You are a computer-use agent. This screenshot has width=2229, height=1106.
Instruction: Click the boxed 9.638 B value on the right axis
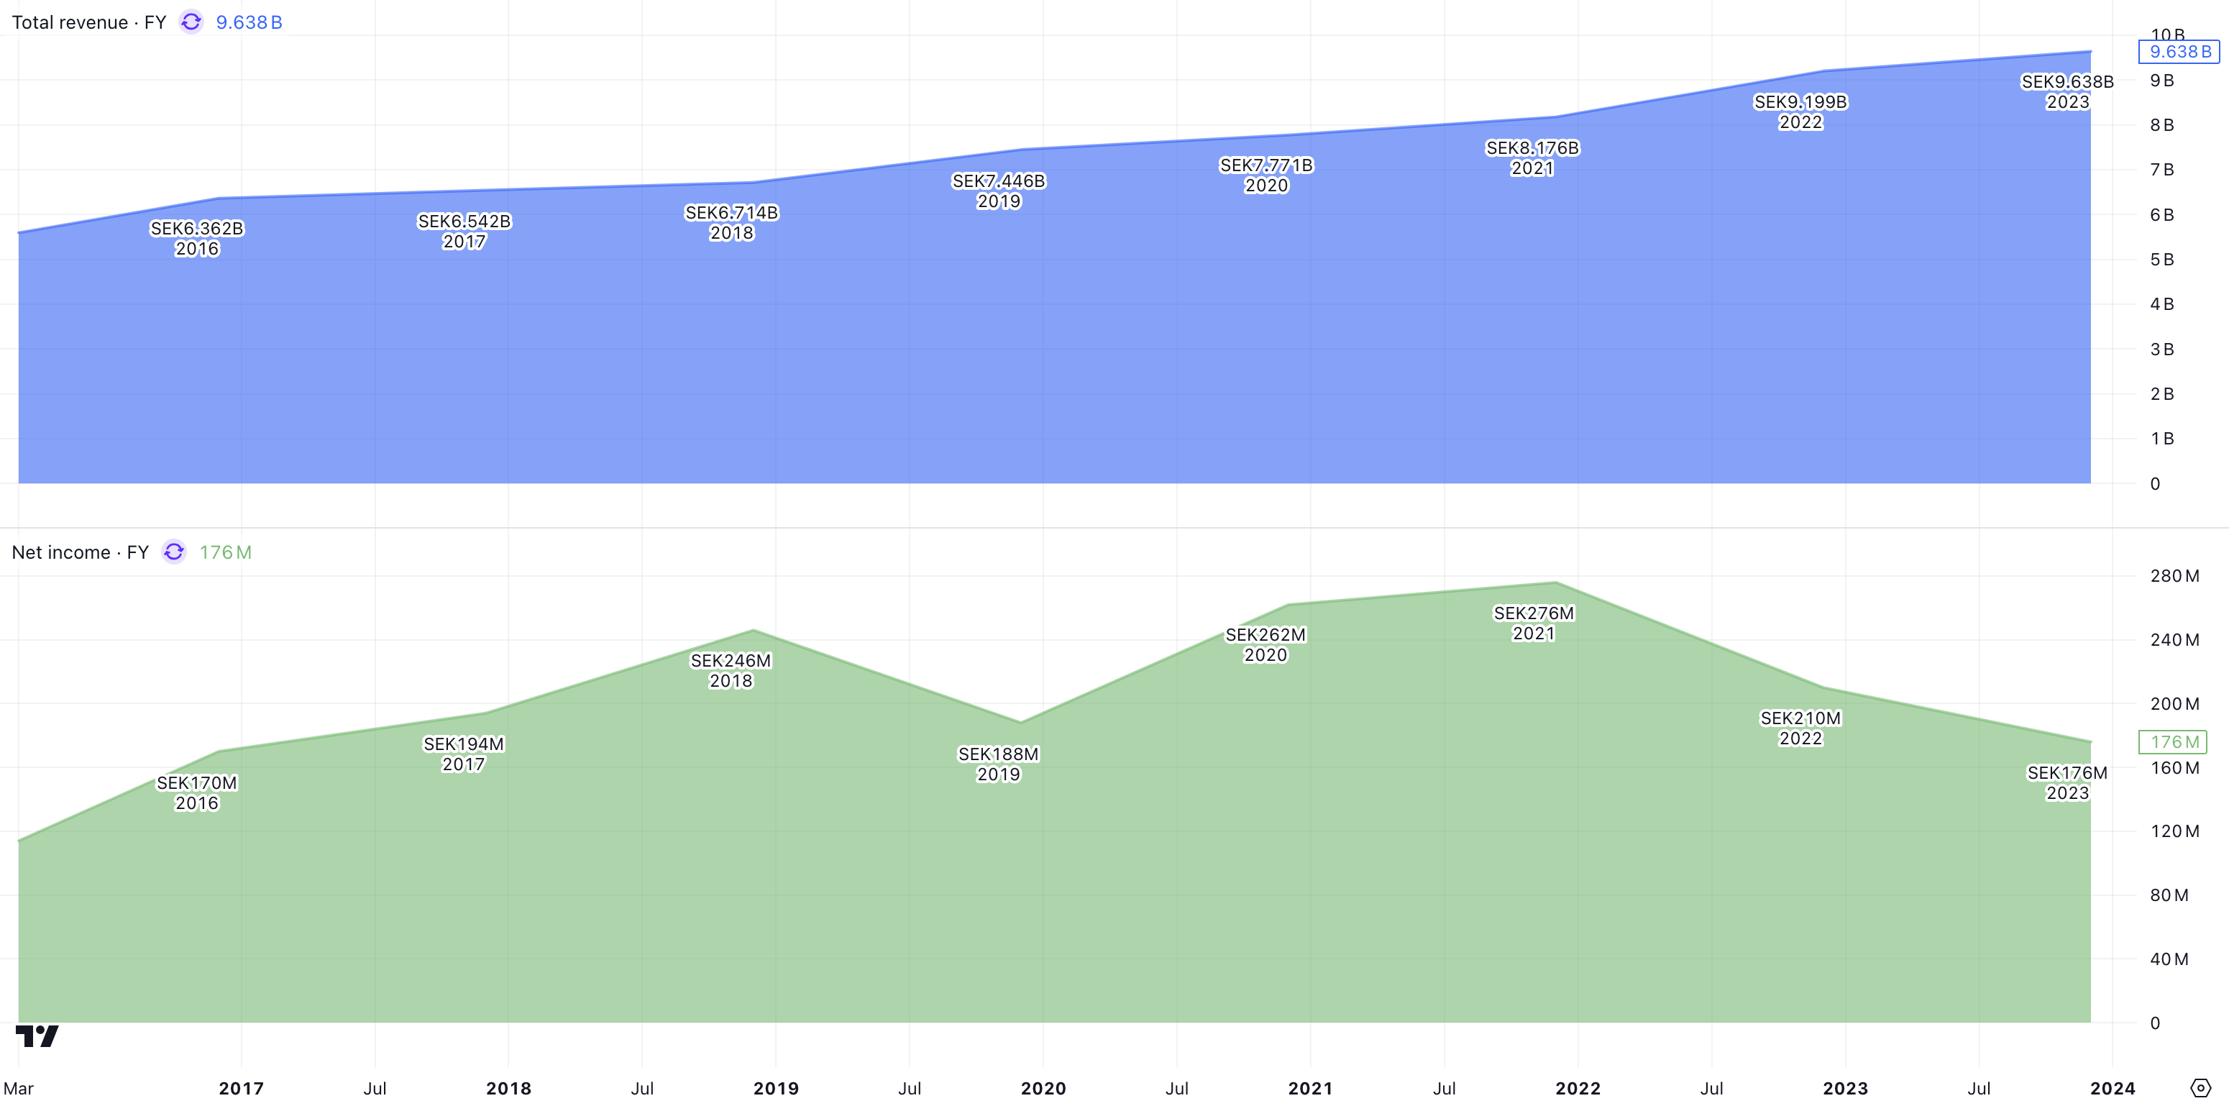pos(2179,52)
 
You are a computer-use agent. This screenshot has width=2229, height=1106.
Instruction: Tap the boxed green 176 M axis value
pos(2173,741)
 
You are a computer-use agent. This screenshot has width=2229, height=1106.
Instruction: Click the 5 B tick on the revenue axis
pos(2161,260)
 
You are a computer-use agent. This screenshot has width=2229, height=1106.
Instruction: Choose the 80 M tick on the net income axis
pos(2169,895)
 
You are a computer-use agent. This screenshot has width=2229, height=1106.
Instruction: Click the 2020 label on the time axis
pos(1043,1088)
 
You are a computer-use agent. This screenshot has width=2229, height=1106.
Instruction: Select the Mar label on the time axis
pos(18,1088)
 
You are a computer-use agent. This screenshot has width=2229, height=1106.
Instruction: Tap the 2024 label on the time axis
pos(2113,1088)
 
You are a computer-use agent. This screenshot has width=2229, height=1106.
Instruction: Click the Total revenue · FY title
pos(89,22)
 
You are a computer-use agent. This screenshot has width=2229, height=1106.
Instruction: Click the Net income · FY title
pos(81,552)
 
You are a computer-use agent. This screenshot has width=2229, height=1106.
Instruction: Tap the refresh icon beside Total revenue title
pos(191,22)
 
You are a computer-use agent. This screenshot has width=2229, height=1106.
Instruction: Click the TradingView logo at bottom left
pos(37,1036)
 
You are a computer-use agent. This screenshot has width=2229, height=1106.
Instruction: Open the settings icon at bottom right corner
pos(2200,1088)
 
